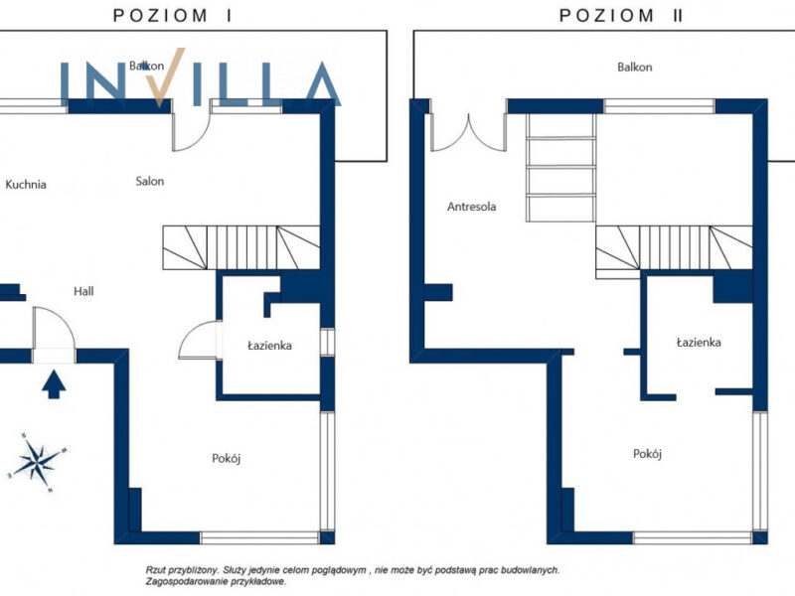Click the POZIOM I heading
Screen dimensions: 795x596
(x=172, y=15)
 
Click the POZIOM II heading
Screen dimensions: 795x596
(x=621, y=15)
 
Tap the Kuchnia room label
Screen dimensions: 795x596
(x=26, y=185)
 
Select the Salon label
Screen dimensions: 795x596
(x=150, y=181)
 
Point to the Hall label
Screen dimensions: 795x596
(x=83, y=291)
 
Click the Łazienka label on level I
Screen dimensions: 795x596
(x=269, y=346)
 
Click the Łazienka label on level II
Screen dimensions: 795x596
(x=699, y=343)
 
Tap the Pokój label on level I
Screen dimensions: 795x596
(x=227, y=458)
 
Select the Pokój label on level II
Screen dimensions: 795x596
(x=648, y=454)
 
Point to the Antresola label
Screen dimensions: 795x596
(x=471, y=207)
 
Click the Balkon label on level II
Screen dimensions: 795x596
(x=635, y=67)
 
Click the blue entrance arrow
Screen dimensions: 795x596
(x=54, y=384)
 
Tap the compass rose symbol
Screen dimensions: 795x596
(x=38, y=462)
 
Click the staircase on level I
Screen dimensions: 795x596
(x=241, y=247)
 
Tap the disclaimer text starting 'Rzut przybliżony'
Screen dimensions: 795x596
(x=353, y=576)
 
